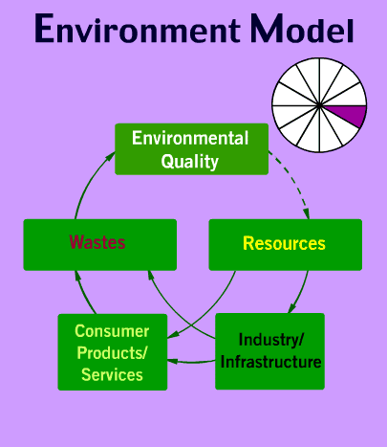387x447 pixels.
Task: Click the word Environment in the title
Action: pyautogui.click(x=138, y=28)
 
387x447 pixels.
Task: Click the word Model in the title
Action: pyautogui.click(x=302, y=28)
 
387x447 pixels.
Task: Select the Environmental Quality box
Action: pyautogui.click(x=191, y=149)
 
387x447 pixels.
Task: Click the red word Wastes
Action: pyautogui.click(x=97, y=242)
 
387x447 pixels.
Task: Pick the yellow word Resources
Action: pyautogui.click(x=284, y=243)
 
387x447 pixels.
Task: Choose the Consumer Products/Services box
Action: pyautogui.click(x=113, y=352)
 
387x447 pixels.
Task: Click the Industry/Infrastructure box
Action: pyautogui.click(x=269, y=351)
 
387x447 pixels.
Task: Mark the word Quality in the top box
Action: pyautogui.click(x=190, y=162)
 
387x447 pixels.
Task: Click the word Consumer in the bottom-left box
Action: pyautogui.click(x=112, y=331)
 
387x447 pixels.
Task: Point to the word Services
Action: pyautogui.click(x=112, y=374)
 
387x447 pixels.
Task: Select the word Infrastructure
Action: pyautogui.click(x=270, y=362)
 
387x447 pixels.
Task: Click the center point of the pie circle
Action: pyautogui.click(x=319, y=105)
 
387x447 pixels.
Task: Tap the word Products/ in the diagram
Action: pyautogui.click(x=112, y=353)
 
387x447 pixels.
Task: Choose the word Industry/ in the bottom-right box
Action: pyautogui.click(x=271, y=340)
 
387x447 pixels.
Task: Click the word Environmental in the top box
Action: pyautogui.click(x=190, y=138)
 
